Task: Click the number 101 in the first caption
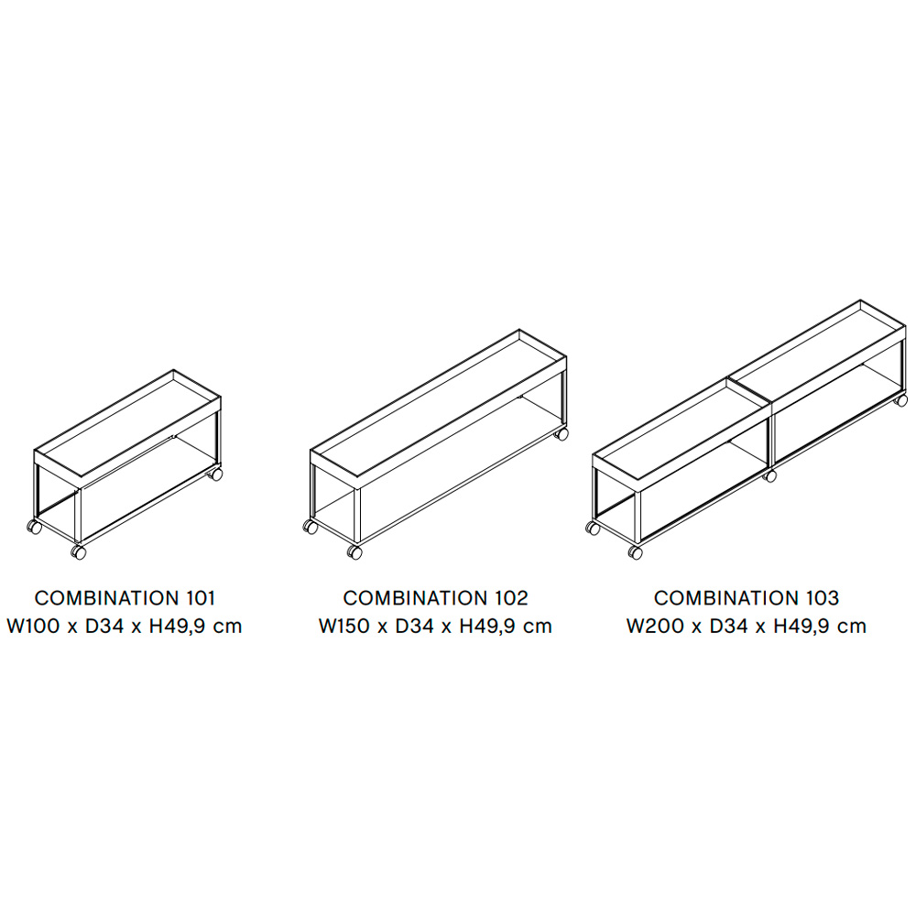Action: click(x=201, y=597)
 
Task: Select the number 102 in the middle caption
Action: click(x=512, y=597)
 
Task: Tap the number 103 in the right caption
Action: click(x=823, y=597)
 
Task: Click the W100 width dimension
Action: click(x=33, y=626)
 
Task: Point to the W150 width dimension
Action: click(x=344, y=626)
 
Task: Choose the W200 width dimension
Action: click(x=655, y=626)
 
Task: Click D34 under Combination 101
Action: click(x=104, y=626)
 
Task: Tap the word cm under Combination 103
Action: click(x=851, y=627)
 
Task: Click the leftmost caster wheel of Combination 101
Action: click(x=35, y=527)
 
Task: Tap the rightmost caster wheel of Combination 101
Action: click(x=215, y=474)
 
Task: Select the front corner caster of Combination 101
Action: click(x=78, y=552)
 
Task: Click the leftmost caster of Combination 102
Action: click(x=311, y=527)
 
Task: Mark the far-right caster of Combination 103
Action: click(x=901, y=400)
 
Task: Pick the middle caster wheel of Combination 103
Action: click(x=770, y=475)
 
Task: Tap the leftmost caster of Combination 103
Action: click(x=593, y=529)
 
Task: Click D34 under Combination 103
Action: click(x=728, y=626)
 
